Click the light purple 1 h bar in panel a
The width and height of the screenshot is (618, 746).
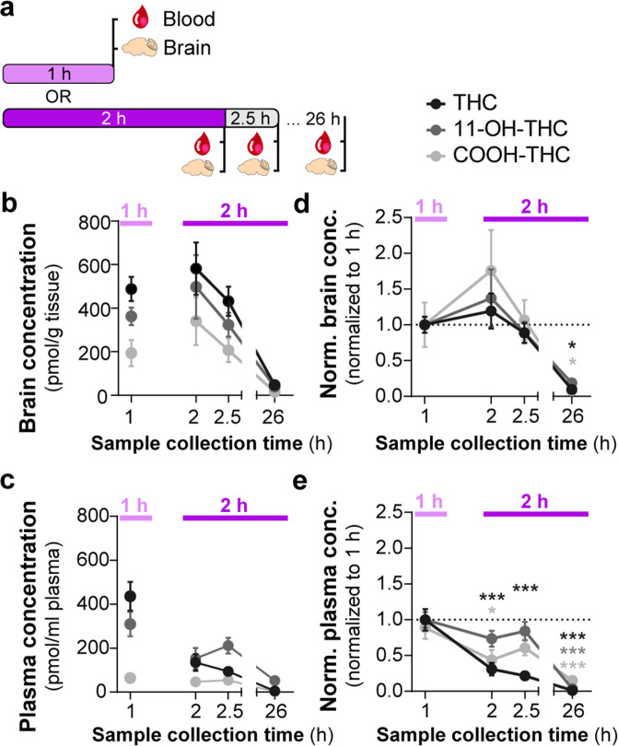click(x=58, y=74)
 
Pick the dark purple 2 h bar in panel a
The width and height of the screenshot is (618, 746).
click(x=114, y=117)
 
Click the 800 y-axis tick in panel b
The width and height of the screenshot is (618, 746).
click(x=87, y=222)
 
